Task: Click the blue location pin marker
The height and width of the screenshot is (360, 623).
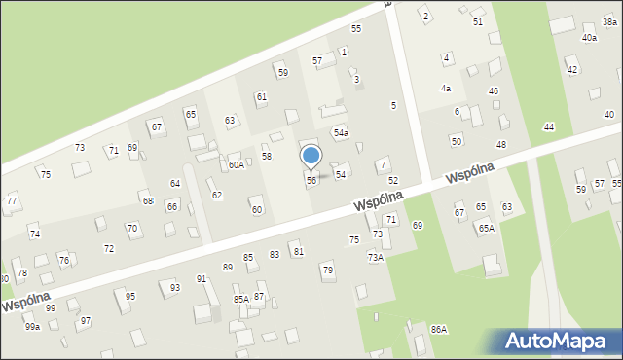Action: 311,157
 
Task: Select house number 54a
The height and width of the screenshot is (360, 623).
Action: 341,132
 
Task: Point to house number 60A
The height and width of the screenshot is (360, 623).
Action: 237,165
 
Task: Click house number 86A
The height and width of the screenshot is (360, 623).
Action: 439,330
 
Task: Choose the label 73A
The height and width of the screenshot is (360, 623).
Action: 376,258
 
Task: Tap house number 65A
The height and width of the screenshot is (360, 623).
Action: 486,228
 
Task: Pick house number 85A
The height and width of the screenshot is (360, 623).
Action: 241,299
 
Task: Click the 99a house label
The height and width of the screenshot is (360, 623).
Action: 33,327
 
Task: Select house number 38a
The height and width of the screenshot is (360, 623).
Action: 610,21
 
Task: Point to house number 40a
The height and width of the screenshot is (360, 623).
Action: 589,37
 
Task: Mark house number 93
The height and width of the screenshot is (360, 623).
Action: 175,288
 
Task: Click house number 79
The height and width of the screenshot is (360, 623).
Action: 328,270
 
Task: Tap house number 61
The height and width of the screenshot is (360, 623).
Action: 261,97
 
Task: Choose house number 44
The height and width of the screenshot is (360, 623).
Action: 549,127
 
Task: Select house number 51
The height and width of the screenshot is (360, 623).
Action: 478,21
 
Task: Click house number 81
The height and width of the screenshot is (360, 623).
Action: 299,252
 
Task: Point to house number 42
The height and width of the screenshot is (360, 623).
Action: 572,70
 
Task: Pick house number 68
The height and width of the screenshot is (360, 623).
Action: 148,201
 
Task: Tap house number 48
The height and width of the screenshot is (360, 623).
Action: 501,144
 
